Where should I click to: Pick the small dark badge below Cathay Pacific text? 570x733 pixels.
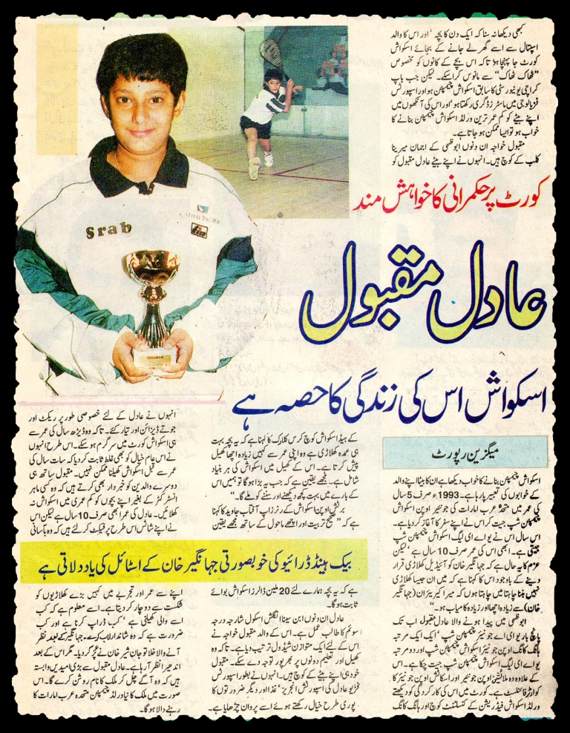coord(200,230)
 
